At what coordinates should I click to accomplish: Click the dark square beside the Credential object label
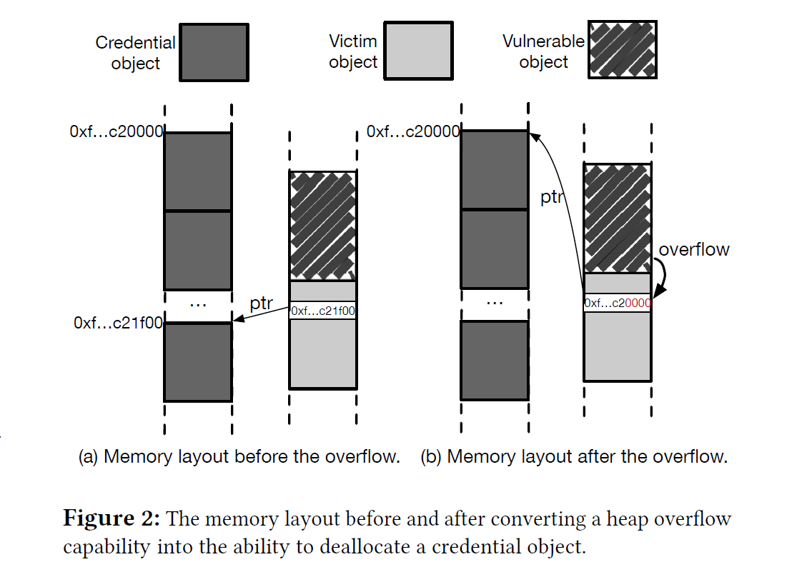point(214,52)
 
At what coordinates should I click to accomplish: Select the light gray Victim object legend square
point(418,50)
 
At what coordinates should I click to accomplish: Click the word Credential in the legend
point(135,43)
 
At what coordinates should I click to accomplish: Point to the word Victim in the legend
point(353,41)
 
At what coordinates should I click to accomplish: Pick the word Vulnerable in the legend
point(543,41)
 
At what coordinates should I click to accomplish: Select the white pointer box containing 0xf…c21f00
point(322,311)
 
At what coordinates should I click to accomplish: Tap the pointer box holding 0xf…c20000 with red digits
point(618,303)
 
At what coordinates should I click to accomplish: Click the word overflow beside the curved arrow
point(694,249)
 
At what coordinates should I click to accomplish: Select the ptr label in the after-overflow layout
point(551,197)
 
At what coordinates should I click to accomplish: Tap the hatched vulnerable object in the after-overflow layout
point(618,219)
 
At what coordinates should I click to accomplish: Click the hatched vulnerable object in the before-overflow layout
point(322,226)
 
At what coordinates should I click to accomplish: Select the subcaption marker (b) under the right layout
point(431,456)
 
